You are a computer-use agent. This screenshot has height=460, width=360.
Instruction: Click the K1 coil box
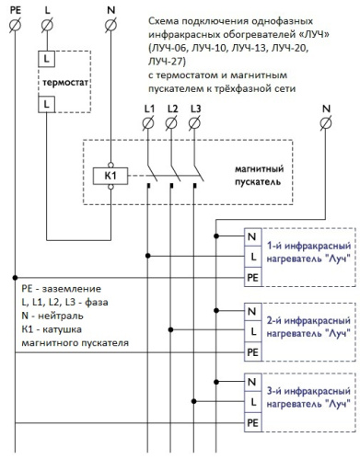(x=110, y=174)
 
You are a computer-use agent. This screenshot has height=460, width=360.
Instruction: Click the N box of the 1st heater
(x=251, y=236)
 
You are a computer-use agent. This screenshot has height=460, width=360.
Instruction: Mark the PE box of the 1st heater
(x=251, y=275)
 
